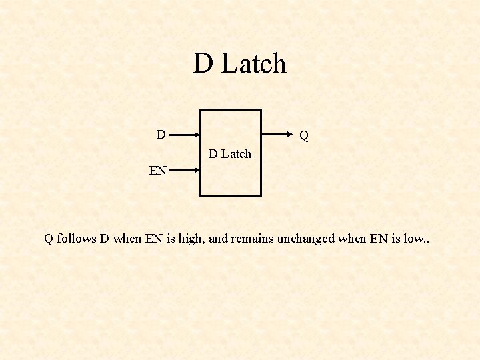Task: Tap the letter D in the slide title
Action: (x=203, y=64)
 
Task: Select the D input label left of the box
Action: (x=161, y=135)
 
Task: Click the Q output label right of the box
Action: (x=304, y=136)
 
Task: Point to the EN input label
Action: (x=158, y=171)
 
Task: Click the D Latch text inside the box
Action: (x=230, y=154)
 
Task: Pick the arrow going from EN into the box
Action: (x=183, y=170)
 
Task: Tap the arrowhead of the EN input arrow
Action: (x=196, y=170)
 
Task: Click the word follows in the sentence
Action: (x=77, y=239)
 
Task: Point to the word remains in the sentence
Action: (x=251, y=239)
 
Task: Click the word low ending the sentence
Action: (x=411, y=239)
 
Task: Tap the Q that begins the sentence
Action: (x=49, y=239)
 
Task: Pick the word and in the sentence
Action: (x=218, y=239)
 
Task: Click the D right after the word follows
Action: (x=105, y=239)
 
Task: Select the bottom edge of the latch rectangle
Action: (x=230, y=196)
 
